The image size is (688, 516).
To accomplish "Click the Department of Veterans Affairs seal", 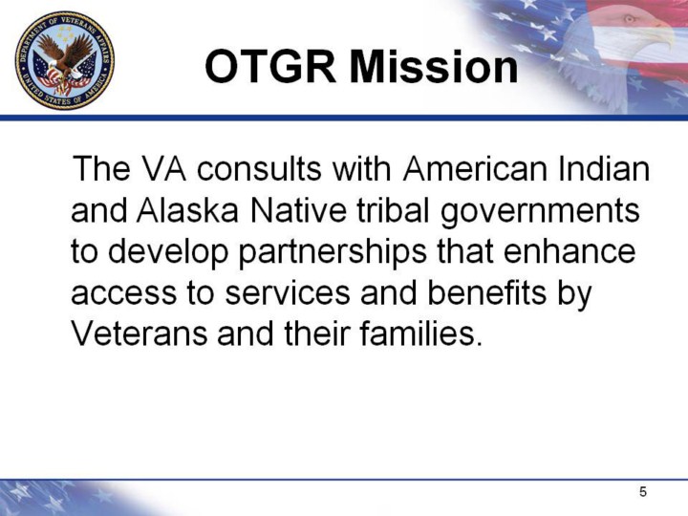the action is click(x=65, y=60).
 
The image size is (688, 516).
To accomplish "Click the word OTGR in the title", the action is click(x=270, y=67).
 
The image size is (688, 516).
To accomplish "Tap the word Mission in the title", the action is click(x=434, y=67).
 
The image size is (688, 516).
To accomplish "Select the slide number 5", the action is click(x=643, y=492).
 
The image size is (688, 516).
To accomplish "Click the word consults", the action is click(x=259, y=169).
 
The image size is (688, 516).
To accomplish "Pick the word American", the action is click(x=475, y=169).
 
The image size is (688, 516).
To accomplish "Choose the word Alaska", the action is click(x=188, y=209).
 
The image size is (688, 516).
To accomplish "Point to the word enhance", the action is click(x=570, y=250).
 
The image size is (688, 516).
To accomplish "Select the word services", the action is click(x=288, y=293).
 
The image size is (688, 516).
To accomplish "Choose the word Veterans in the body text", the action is click(x=139, y=333).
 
